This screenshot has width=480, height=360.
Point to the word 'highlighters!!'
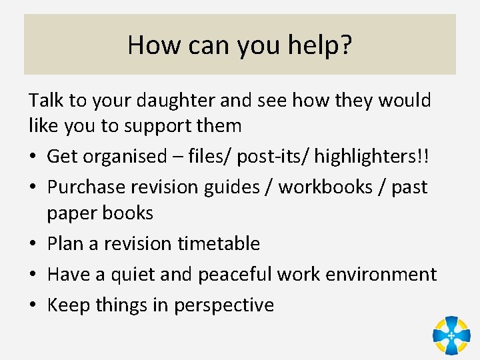373,157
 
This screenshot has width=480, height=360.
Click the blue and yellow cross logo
451,335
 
